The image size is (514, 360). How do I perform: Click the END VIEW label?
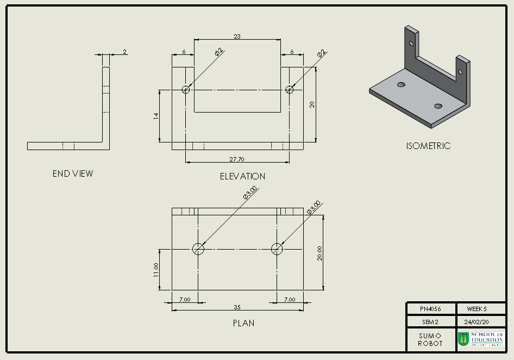point(73,174)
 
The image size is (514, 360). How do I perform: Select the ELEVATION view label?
point(242,176)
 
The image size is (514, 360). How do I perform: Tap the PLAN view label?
point(243,323)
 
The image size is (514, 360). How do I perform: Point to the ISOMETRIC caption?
point(428,146)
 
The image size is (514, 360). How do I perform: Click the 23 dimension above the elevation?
point(237,36)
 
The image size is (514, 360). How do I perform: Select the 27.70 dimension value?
point(237,159)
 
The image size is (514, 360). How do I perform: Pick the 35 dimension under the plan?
point(237,307)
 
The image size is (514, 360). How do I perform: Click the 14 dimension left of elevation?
point(156,116)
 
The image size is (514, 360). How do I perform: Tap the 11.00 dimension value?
point(156,270)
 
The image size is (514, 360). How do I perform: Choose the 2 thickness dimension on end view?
point(124,52)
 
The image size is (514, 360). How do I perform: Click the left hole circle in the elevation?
point(186,90)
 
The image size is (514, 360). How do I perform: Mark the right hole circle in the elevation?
point(289,90)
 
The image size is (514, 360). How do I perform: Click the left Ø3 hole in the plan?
point(198,249)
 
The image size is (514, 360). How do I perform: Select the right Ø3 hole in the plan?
point(277,249)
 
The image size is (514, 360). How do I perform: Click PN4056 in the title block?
point(431,309)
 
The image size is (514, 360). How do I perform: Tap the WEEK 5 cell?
point(477,309)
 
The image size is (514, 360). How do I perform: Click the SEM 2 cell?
point(430,321)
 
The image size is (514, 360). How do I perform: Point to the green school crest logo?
point(463,339)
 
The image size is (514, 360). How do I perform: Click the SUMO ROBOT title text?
point(430,339)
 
